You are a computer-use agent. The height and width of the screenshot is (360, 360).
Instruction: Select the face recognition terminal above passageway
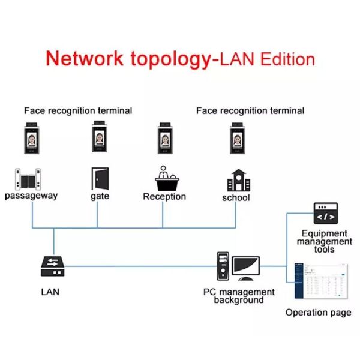31,139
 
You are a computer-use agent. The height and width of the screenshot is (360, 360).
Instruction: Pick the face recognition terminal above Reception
166,139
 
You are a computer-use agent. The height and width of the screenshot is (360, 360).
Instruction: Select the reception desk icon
164,178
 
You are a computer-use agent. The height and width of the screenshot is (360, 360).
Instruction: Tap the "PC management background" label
239,296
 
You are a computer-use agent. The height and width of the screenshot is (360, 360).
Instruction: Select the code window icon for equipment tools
325,213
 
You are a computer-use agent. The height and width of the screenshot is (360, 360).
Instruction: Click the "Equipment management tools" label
325,241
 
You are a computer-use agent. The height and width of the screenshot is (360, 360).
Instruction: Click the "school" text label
236,198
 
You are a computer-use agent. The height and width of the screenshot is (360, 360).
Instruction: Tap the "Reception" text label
164,197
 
